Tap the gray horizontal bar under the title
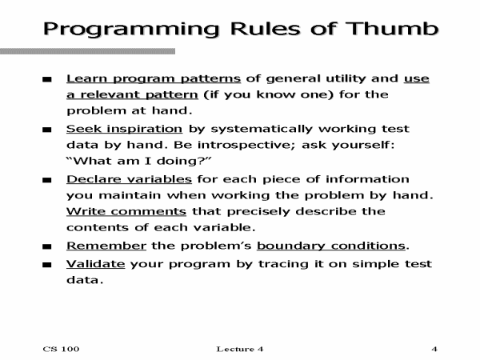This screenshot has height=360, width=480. click(88, 51)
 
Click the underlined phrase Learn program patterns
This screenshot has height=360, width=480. click(153, 78)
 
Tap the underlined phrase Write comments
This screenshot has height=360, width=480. click(126, 212)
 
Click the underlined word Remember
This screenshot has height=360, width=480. click(106, 246)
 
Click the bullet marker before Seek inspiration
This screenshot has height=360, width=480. click(47, 130)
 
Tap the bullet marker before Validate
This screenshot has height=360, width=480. click(47, 265)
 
